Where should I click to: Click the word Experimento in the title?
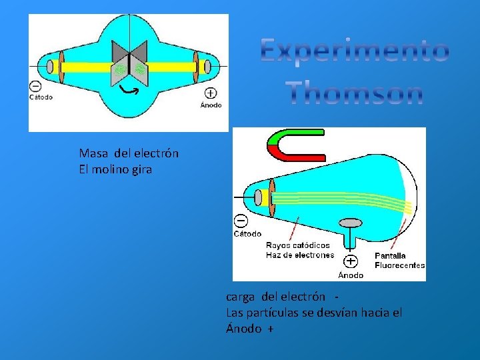[355, 51]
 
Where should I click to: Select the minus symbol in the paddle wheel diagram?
[35, 86]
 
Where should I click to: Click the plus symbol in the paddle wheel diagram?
[211, 93]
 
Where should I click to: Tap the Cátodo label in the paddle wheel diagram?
[41, 97]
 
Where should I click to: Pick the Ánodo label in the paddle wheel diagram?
[211, 105]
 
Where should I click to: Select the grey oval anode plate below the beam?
[351, 223]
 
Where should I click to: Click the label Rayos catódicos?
[298, 245]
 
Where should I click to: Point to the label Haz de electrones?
[299, 255]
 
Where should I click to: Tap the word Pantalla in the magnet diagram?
[390, 255]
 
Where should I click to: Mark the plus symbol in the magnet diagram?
[351, 261]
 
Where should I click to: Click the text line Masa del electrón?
[129, 153]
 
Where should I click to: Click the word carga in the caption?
[241, 296]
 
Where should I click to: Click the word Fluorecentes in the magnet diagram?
[399, 265]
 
